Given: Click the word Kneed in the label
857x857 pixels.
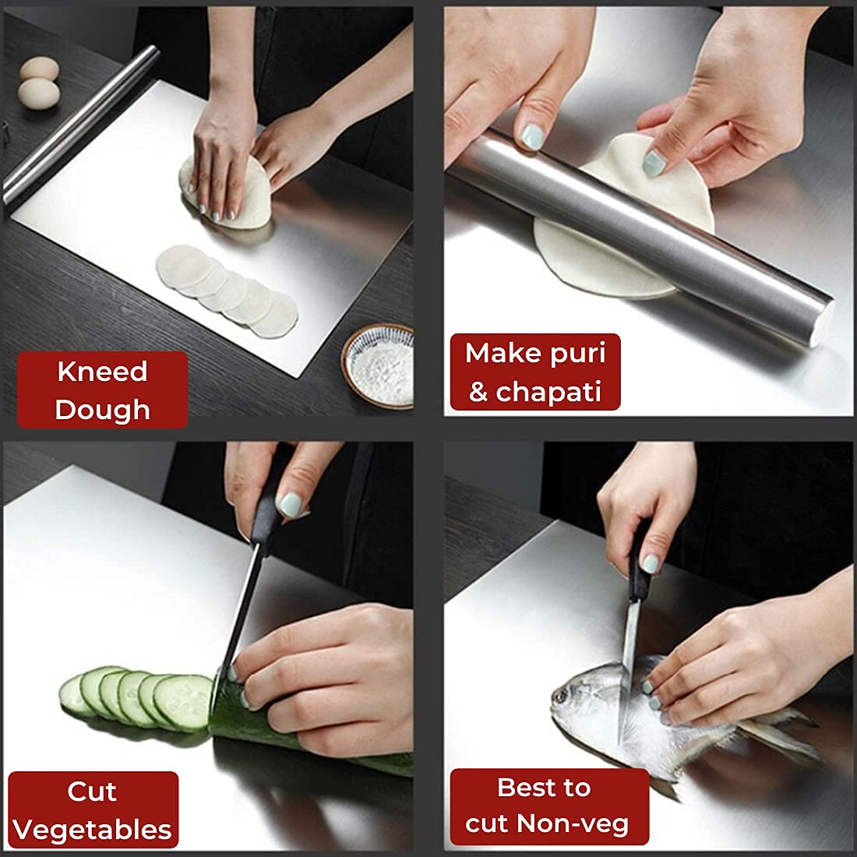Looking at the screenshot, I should click(102, 372).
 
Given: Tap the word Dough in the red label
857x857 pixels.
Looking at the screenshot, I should click(102, 410).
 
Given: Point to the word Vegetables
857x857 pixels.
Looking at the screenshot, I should click(93, 830).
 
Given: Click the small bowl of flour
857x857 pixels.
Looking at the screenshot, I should click(378, 365).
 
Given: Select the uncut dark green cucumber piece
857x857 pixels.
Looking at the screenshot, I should click(312, 740).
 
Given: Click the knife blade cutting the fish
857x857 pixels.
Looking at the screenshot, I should click(628, 670).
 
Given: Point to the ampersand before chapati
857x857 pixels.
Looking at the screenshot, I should click(478, 392).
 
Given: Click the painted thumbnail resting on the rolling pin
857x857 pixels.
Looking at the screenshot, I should click(531, 137).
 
